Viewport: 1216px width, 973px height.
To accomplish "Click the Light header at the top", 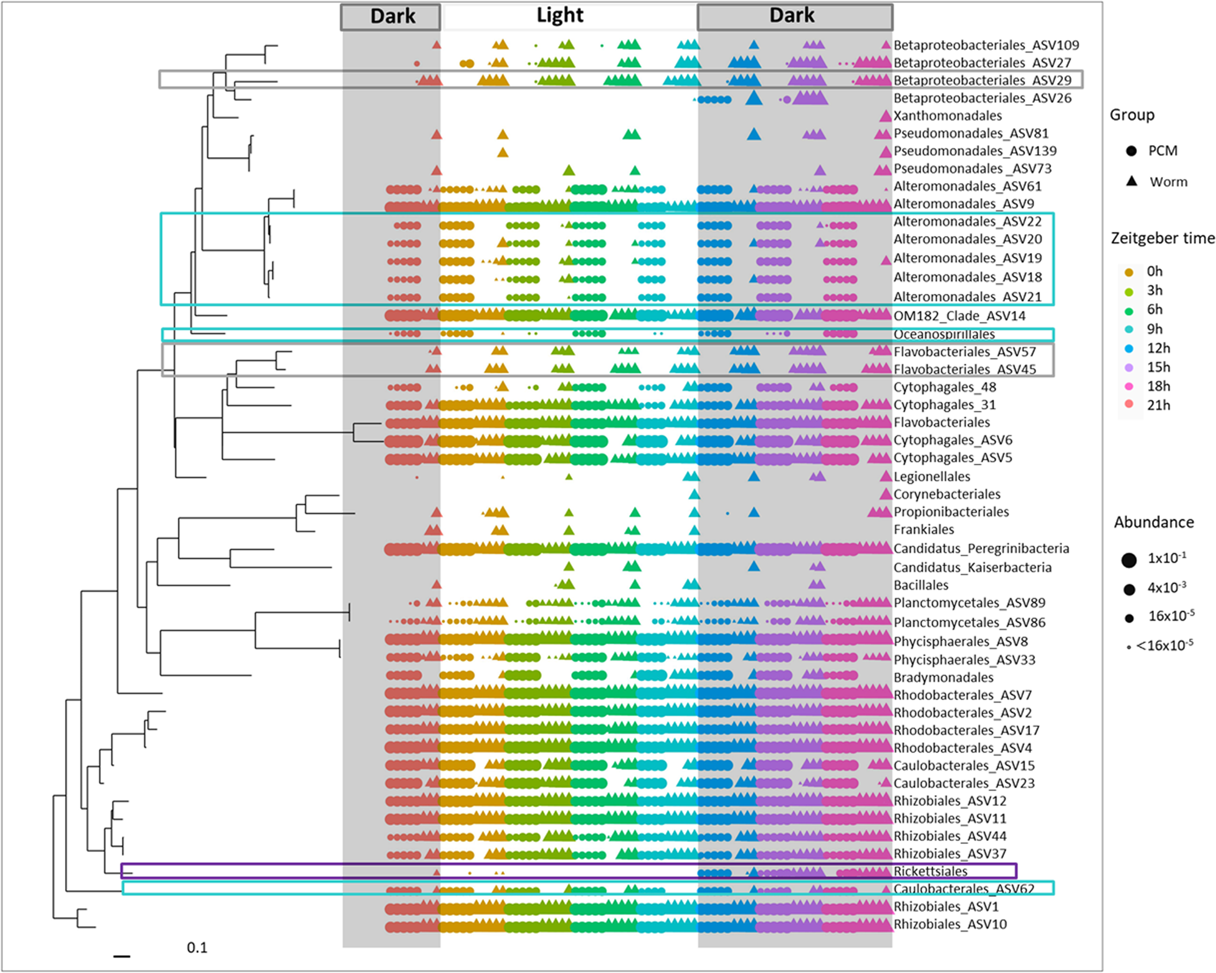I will pos(560,16).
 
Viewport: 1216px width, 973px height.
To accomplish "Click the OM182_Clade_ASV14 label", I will pos(959,316).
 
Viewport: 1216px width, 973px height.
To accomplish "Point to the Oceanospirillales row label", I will pos(944,334).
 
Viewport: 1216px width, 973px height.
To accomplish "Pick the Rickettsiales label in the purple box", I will pos(930,871).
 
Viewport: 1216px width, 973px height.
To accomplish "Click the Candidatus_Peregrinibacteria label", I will pos(981,548).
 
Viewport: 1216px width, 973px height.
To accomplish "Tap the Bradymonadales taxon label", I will pos(943,677).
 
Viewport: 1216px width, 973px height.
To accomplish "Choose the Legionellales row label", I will pos(931,477).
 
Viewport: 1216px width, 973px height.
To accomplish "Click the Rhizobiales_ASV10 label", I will pos(950,924).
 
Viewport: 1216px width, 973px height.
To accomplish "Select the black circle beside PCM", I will pos(1131,151).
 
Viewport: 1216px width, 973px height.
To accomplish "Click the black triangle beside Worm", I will pos(1131,181).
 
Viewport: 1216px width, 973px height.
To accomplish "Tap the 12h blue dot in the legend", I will pos(1129,349).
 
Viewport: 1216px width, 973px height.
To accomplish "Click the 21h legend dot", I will pos(1129,405).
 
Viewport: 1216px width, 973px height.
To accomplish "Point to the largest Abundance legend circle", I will pos(1128,560).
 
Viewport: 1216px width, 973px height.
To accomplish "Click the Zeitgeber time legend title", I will pos(1162,238).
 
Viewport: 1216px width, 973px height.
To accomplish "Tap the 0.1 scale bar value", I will pos(197,947).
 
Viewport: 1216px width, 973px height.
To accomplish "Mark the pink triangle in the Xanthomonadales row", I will pos(885,116).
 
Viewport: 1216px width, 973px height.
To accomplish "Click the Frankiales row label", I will pos(923,530).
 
